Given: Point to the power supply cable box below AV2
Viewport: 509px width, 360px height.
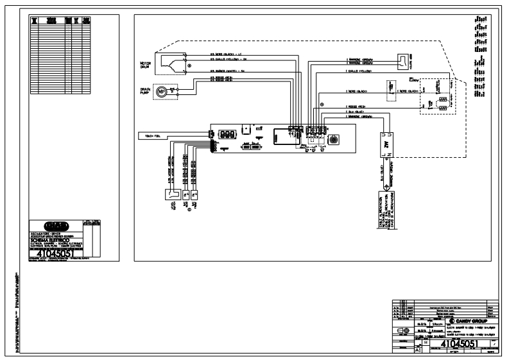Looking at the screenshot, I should (388, 208).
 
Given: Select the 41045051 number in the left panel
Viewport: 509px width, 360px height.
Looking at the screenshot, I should (57, 253).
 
